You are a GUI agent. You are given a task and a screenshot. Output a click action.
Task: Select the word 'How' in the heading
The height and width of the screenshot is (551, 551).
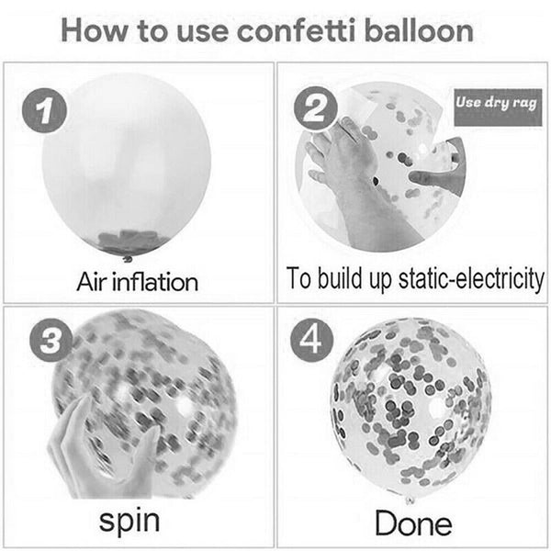[95, 31]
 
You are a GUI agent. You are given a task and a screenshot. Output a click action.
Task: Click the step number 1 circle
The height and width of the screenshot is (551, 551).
[44, 111]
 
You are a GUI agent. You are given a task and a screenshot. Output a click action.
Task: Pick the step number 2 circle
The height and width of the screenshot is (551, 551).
[316, 107]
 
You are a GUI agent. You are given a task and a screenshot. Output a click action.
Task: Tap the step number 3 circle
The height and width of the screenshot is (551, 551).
[51, 342]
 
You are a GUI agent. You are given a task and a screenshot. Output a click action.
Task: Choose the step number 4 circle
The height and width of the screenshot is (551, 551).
[311, 340]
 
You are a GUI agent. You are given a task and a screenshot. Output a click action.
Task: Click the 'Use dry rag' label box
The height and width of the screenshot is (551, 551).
[498, 107]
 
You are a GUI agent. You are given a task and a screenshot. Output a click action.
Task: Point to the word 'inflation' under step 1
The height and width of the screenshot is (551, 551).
[155, 282]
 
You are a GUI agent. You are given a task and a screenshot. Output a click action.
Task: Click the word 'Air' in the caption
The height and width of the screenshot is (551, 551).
[92, 282]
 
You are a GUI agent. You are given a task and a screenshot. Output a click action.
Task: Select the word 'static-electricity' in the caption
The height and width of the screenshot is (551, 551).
[471, 280]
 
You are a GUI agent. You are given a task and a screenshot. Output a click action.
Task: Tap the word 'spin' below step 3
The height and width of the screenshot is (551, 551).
[129, 521]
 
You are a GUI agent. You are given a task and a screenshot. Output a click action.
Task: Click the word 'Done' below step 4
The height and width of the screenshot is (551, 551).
[413, 523]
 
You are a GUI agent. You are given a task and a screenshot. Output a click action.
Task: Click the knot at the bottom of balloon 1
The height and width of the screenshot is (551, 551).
[128, 260]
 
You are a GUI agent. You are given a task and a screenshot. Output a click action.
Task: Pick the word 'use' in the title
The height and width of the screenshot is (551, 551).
[202, 34]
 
